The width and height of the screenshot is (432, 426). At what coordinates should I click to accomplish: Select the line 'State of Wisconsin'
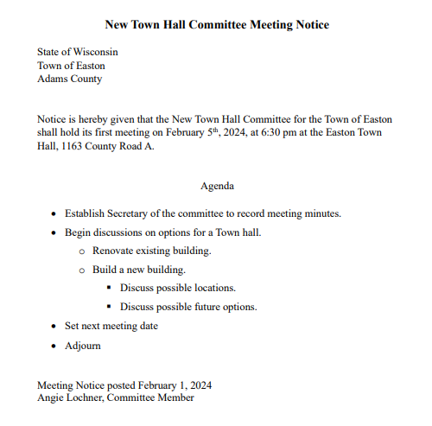pos(78,52)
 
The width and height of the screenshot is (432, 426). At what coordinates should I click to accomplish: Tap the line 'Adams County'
pos(69,79)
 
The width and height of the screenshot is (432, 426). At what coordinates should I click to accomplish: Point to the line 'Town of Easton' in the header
pos(73,65)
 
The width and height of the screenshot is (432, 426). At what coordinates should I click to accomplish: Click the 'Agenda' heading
pos(217,186)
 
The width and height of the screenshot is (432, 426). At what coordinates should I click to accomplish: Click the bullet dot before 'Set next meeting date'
pos(54,327)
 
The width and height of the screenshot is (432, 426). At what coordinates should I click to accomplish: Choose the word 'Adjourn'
pos(83,346)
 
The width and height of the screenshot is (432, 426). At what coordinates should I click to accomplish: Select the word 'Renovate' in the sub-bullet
pos(115,251)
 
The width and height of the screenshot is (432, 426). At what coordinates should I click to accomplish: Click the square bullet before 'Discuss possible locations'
pos(109,289)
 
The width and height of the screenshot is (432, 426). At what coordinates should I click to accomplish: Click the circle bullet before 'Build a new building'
pos(82,270)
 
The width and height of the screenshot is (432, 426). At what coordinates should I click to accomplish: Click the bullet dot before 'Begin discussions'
pos(54,232)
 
